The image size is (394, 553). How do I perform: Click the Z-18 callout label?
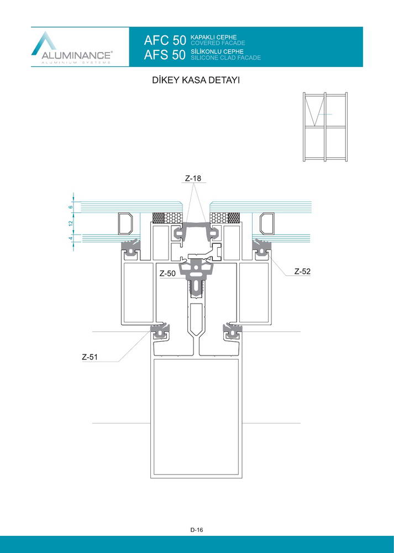[x=193, y=179]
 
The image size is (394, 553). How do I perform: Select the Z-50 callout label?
[x=167, y=273]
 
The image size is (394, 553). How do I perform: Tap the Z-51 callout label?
[x=90, y=357]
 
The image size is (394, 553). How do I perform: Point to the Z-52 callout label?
[x=302, y=271]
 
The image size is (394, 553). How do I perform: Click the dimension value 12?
[x=71, y=223]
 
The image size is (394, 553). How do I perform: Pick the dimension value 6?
[x=71, y=207]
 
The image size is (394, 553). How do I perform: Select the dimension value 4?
[x=71, y=238]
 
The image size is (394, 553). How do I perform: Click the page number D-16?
[x=197, y=530]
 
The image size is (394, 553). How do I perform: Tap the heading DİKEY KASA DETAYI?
[x=196, y=80]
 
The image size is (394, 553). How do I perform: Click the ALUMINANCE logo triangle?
[x=44, y=43]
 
